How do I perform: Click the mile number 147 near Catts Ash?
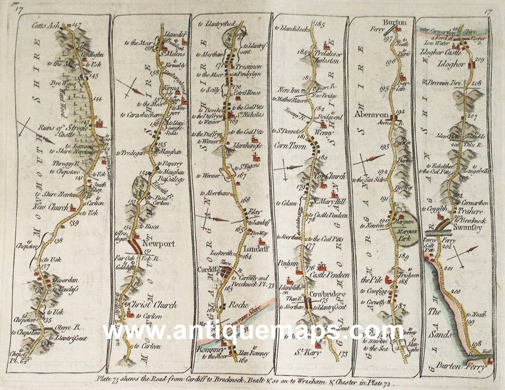(76, 25)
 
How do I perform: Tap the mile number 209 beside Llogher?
(478, 59)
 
